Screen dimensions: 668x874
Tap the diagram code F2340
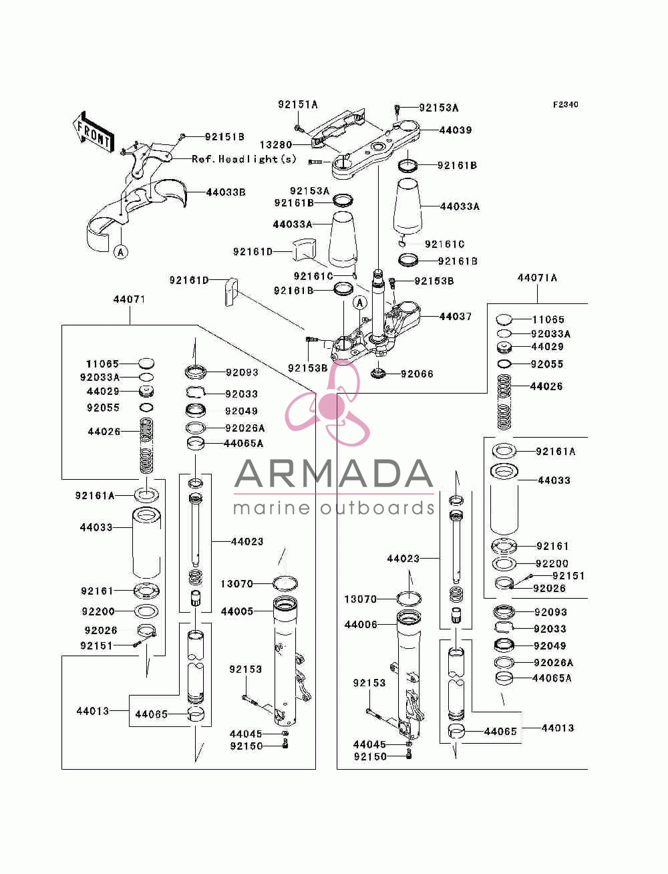(x=565, y=104)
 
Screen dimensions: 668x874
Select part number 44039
(x=456, y=130)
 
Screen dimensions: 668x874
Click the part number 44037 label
(x=456, y=316)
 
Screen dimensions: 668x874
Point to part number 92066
(x=417, y=374)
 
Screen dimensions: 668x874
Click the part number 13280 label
(x=276, y=144)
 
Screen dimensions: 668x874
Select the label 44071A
(x=537, y=277)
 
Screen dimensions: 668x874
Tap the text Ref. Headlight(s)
(x=244, y=159)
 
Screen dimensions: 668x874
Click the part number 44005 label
(x=237, y=611)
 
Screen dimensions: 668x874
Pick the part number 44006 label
(x=361, y=624)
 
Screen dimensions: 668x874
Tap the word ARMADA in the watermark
(x=333, y=474)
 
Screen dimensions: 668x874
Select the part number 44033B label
(x=226, y=192)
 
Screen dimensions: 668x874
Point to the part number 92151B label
(x=224, y=136)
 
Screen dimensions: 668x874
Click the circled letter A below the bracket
(x=121, y=252)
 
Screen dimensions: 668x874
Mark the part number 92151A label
(x=298, y=104)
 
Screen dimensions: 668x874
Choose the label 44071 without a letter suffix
(x=129, y=299)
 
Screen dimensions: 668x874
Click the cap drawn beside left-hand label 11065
(x=146, y=363)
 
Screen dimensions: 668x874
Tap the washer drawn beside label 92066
(x=378, y=374)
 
